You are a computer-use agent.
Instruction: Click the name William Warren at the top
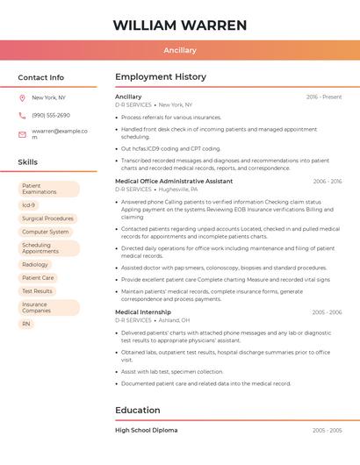point(180,25)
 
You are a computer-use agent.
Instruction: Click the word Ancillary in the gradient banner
point(180,50)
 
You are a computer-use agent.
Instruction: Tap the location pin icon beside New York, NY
point(22,97)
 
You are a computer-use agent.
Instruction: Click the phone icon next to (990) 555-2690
point(22,115)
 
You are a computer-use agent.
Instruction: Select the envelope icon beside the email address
point(22,133)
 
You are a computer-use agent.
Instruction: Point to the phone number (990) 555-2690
point(51,115)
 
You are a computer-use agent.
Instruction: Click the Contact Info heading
point(40,77)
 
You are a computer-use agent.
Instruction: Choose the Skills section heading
point(28,162)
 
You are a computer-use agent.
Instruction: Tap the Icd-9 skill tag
point(28,204)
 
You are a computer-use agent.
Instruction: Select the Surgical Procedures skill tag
point(47,218)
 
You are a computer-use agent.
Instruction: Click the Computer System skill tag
point(45,232)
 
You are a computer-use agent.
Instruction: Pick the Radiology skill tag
point(35,264)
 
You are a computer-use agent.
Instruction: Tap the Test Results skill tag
point(37,290)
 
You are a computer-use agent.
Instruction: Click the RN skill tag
point(26,324)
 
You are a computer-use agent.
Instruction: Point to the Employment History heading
point(161,77)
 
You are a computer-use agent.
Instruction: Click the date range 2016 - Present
point(324,97)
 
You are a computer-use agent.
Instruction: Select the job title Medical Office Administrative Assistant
point(174,181)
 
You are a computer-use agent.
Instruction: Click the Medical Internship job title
point(143,311)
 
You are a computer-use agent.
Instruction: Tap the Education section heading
point(138,410)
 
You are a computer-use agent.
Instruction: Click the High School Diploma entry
point(147,430)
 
